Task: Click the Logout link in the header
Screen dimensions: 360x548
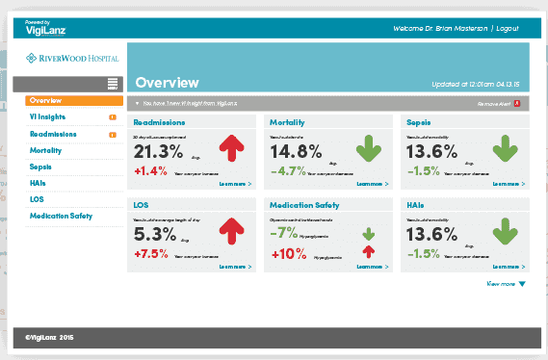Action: (x=507, y=29)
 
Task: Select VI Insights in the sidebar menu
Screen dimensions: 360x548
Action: (x=47, y=117)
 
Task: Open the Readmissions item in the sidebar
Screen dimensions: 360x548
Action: (x=53, y=134)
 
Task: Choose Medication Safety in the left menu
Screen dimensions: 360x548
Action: (x=61, y=216)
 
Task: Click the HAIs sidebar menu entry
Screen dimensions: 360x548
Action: (x=39, y=183)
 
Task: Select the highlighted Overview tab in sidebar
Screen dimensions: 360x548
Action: (x=73, y=100)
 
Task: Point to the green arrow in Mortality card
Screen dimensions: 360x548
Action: (x=369, y=149)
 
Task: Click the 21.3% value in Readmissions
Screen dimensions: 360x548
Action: (x=158, y=152)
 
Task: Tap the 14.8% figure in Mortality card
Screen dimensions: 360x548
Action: (x=296, y=152)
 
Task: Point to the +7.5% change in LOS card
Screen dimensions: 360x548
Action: (x=152, y=254)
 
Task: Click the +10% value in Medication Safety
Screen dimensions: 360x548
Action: (x=290, y=254)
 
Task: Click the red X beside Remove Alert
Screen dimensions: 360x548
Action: (x=517, y=102)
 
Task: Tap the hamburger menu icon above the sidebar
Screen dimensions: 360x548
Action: (x=114, y=84)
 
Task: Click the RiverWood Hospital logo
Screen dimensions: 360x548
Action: (x=73, y=60)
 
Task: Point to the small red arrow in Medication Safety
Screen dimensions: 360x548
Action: (x=368, y=251)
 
